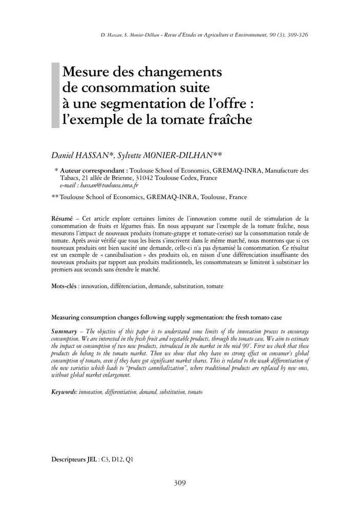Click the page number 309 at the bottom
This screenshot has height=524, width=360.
180,483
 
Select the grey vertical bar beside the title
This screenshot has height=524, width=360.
55,95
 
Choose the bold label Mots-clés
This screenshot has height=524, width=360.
64,287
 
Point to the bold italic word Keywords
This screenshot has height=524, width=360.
64,391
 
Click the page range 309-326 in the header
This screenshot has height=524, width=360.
297,35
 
